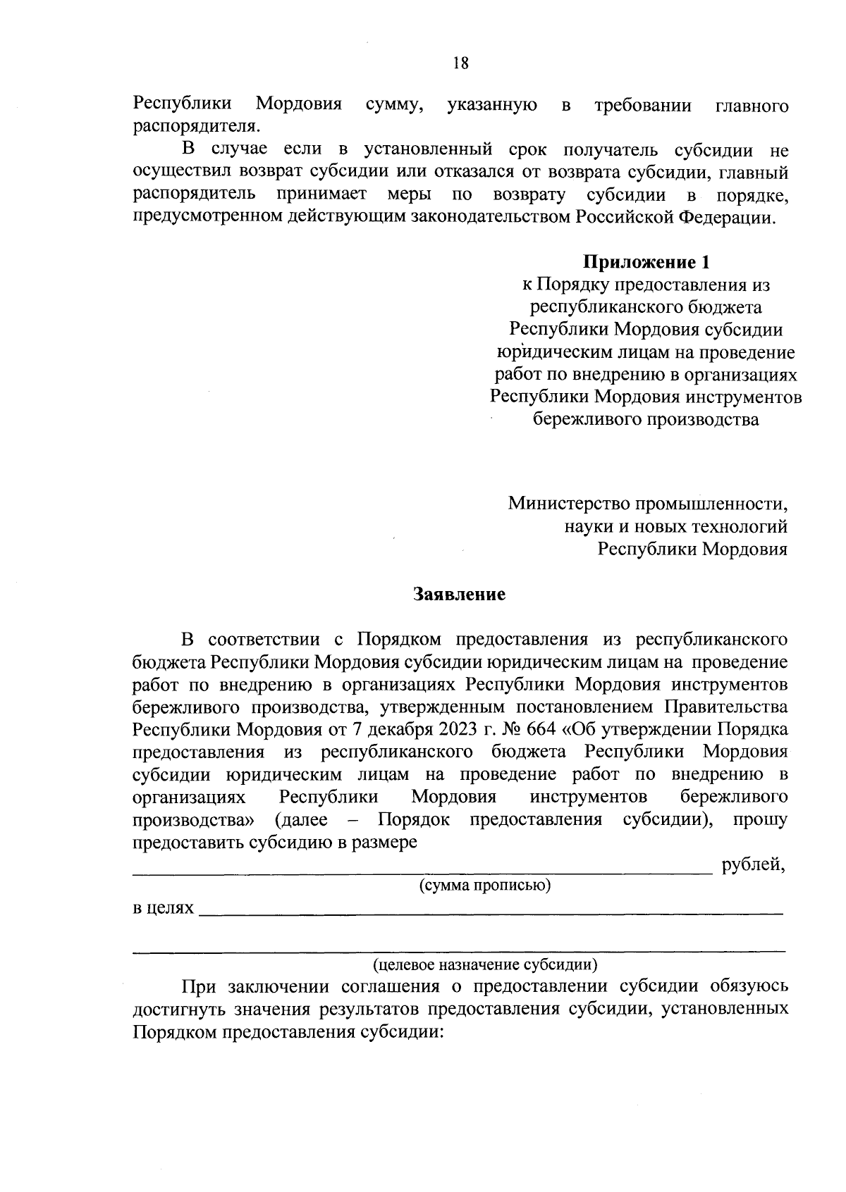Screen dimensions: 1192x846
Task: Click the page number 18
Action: point(461,64)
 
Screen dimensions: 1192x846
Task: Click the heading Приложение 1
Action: point(645,263)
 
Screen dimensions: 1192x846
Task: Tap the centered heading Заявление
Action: point(459,594)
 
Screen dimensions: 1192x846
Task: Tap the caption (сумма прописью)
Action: point(484,886)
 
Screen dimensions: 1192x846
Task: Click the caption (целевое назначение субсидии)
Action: point(485,964)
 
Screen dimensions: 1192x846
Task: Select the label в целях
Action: point(163,909)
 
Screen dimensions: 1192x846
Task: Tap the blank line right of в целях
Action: point(491,913)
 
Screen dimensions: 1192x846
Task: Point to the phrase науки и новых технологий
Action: point(675,527)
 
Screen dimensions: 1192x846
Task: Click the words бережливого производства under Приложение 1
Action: point(645,421)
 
